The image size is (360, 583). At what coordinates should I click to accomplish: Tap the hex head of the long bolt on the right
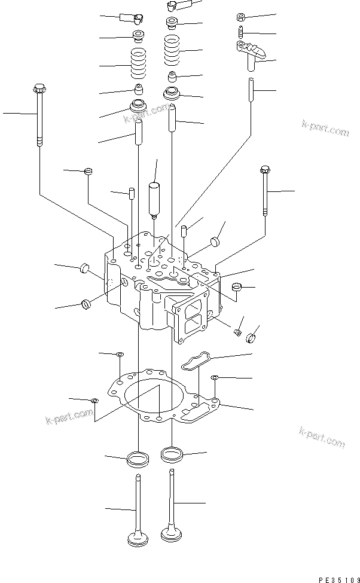point(264,171)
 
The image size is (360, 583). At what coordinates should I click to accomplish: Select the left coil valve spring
point(139,65)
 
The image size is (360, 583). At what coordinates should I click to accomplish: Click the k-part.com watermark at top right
point(325,128)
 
